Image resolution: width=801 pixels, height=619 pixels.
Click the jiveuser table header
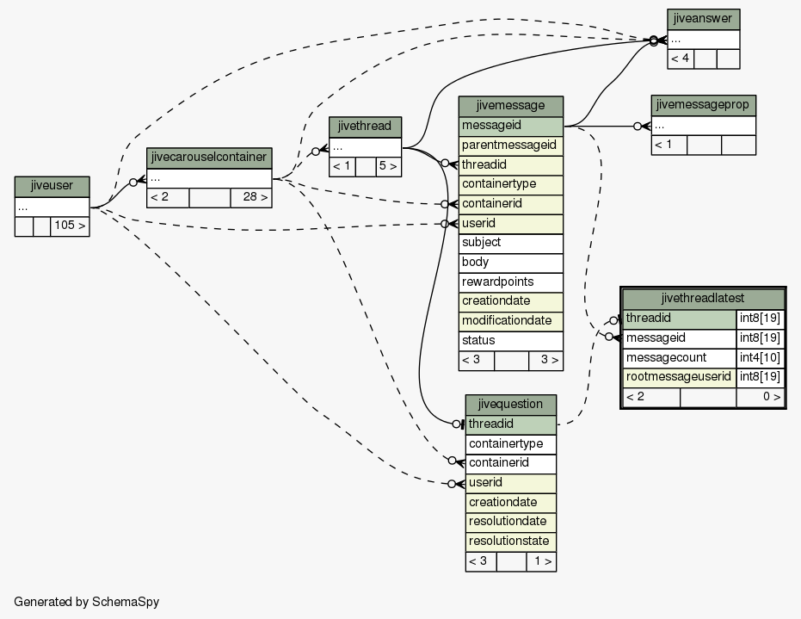(52, 186)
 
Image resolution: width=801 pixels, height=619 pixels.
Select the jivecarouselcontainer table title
(209, 158)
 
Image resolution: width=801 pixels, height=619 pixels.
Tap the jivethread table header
(365, 127)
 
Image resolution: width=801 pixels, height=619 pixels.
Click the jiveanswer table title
(703, 20)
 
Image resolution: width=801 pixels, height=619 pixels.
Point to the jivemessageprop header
(703, 105)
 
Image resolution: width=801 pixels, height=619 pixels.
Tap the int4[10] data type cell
(760, 358)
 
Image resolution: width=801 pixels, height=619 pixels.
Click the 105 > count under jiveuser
(70, 226)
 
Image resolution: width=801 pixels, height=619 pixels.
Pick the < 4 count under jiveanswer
(681, 59)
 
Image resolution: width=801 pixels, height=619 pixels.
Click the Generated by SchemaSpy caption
(87, 602)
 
